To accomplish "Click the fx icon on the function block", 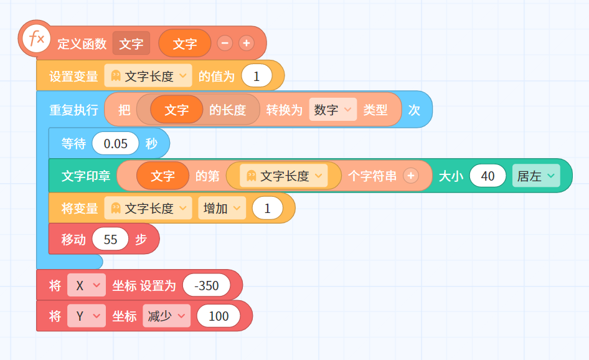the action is pyautogui.click(x=36, y=39).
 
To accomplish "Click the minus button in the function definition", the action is pyautogui.click(x=225, y=43).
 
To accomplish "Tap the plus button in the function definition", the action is pyautogui.click(x=247, y=43).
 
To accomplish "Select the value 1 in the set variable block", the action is pyautogui.click(x=257, y=76).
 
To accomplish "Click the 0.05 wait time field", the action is pyautogui.click(x=115, y=143).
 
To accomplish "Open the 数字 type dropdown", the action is pyautogui.click(x=332, y=110).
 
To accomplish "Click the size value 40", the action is pyautogui.click(x=488, y=176).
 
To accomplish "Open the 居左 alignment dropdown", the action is pyautogui.click(x=536, y=176).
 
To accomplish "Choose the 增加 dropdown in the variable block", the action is pyautogui.click(x=222, y=208).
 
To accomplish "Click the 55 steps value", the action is pyautogui.click(x=110, y=239).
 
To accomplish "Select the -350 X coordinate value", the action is pyautogui.click(x=206, y=286).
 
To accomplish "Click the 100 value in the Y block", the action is pyautogui.click(x=219, y=316).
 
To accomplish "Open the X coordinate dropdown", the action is pyautogui.click(x=87, y=286).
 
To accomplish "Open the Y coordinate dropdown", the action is pyautogui.click(x=87, y=316).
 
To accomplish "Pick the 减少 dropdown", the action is pyautogui.click(x=166, y=316).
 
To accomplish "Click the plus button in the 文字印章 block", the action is pyautogui.click(x=411, y=176).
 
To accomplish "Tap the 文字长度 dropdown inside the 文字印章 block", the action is pyautogui.click(x=284, y=176).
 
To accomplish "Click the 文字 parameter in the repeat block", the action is pyautogui.click(x=177, y=110).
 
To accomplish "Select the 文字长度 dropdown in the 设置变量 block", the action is pyautogui.click(x=148, y=76).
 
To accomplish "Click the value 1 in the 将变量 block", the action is pyautogui.click(x=268, y=208).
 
